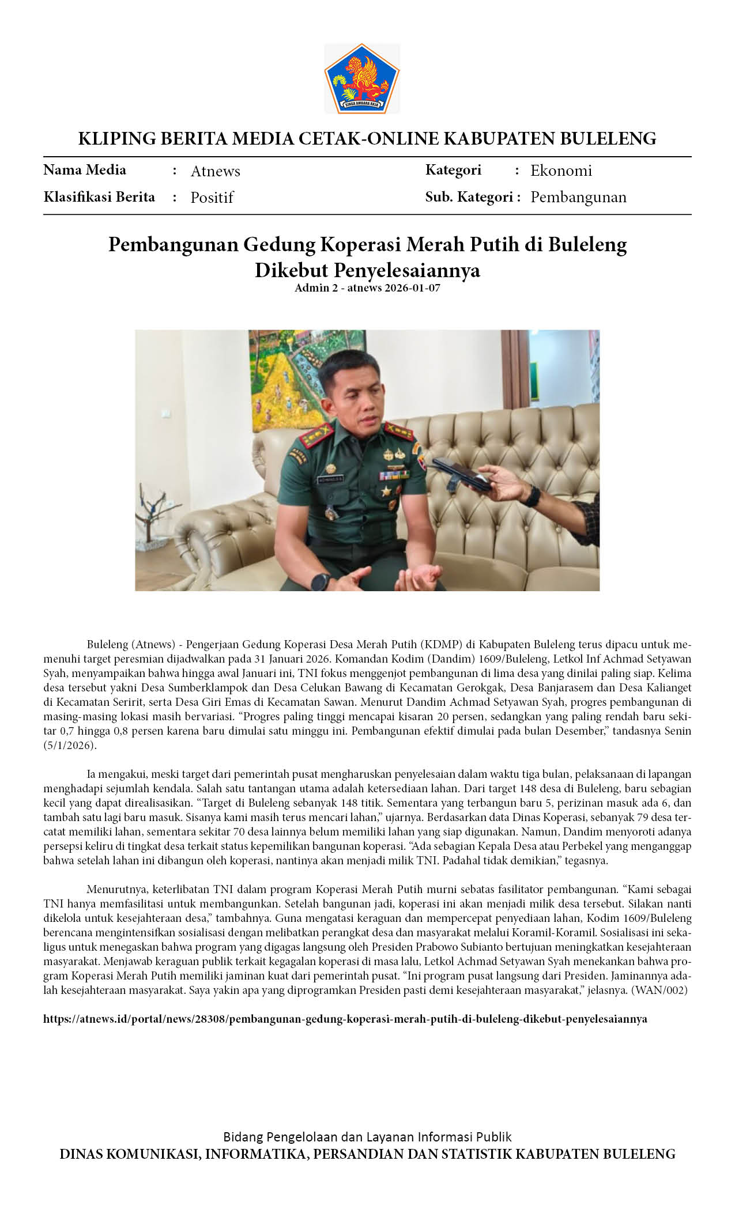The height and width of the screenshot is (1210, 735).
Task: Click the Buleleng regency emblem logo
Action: click(361, 78)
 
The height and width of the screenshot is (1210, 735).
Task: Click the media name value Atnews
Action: click(215, 171)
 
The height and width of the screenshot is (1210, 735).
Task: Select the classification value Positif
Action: click(212, 198)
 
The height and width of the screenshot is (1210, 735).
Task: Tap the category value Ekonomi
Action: click(561, 171)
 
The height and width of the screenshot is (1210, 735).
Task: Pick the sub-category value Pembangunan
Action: click(578, 197)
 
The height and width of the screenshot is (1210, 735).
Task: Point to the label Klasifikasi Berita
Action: click(99, 197)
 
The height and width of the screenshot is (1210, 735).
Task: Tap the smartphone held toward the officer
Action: click(461, 473)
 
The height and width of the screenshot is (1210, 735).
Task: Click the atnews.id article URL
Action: click(345, 1019)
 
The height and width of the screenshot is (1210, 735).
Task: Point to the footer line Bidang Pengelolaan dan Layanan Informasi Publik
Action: click(367, 1137)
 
